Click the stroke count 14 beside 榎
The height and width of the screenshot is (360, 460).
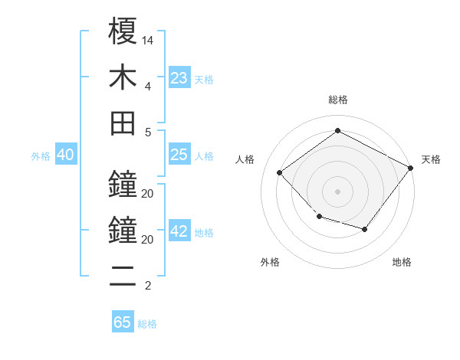pyautogui.click(x=148, y=40)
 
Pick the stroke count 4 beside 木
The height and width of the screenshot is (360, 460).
pyautogui.click(x=147, y=86)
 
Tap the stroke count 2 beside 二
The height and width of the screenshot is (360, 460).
pyautogui.click(x=147, y=286)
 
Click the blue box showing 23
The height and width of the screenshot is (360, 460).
pyautogui.click(x=179, y=78)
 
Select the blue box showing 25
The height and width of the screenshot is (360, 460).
pyautogui.click(x=179, y=155)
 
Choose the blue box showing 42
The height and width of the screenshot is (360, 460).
pyautogui.click(x=179, y=231)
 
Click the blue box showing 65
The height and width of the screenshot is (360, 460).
pyautogui.click(x=122, y=322)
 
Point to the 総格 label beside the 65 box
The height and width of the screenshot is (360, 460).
pyautogui.click(x=147, y=324)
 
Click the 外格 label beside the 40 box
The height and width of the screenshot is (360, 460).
pyautogui.click(x=41, y=156)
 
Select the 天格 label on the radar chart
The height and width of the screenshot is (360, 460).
pyautogui.click(x=431, y=159)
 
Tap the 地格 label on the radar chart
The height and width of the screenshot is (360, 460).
pyautogui.click(x=402, y=262)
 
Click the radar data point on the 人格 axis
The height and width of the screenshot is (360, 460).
pyautogui.click(x=280, y=173)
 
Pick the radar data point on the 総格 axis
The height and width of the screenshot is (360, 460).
pyautogui.click(x=337, y=130)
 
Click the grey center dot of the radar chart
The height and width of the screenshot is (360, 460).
pyautogui.click(x=337, y=191)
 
